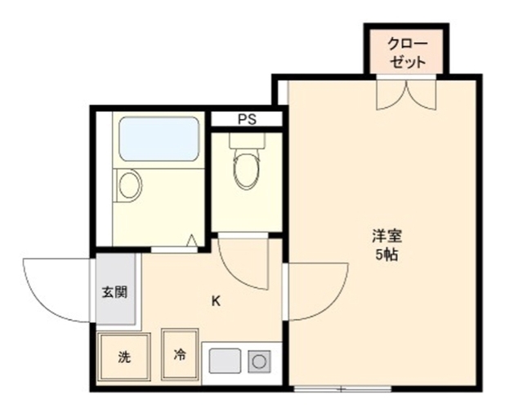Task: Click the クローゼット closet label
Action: pyautogui.click(x=407, y=53)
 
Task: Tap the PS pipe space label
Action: pyautogui.click(x=247, y=119)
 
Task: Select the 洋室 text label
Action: pyautogui.click(x=387, y=236)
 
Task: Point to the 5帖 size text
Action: pyautogui.click(x=387, y=255)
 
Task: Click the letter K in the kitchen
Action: pyautogui.click(x=216, y=301)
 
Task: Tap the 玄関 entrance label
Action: pyautogui.click(x=114, y=292)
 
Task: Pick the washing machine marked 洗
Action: pyautogui.click(x=123, y=356)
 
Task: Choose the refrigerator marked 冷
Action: pyautogui.click(x=180, y=354)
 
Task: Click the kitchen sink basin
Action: pyautogui.click(x=225, y=361)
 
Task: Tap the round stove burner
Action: pyautogui.click(x=259, y=361)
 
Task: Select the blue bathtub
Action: pyautogui.click(x=159, y=139)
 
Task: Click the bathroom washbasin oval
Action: pyautogui.click(x=129, y=185)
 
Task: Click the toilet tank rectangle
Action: pyautogui.click(x=247, y=140)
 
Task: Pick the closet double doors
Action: pyautogui.click(x=406, y=94)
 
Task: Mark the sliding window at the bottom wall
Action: pyautogui.click(x=342, y=388)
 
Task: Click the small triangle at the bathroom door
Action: pyautogui.click(x=192, y=241)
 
